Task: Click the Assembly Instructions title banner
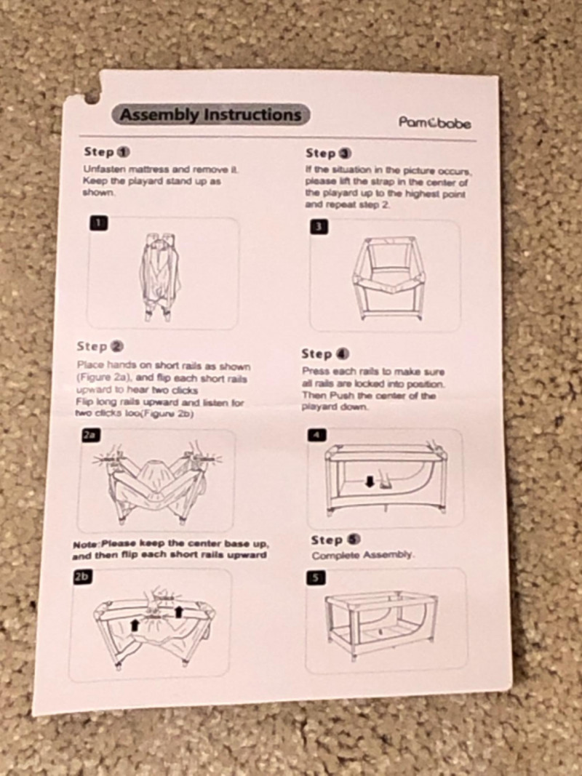[211, 114]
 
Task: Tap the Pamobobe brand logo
[435, 122]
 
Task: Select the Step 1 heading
[107, 151]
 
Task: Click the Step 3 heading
[329, 153]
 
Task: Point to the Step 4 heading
[325, 354]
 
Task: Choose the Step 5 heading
[335, 540]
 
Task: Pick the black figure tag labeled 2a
[91, 435]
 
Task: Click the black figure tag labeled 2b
[83, 577]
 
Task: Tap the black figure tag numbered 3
[319, 227]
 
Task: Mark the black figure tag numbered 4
[317, 435]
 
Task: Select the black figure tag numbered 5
[316, 577]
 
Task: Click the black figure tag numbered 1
[99, 223]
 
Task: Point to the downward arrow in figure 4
[369, 481]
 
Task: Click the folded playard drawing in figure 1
[160, 277]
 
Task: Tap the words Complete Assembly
[363, 555]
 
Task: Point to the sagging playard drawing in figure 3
[388, 279]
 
